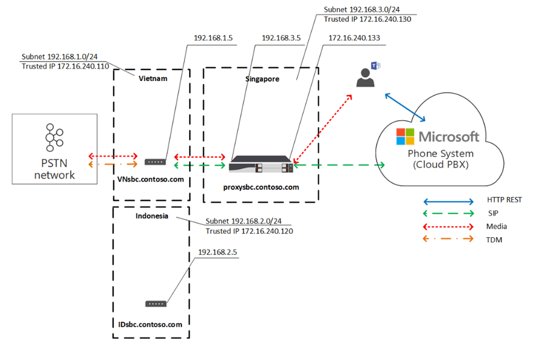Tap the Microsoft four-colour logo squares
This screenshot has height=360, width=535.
point(406,136)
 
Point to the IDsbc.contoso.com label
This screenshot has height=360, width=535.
point(150,324)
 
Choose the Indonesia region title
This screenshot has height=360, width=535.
point(152,216)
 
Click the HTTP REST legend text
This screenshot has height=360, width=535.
point(504,200)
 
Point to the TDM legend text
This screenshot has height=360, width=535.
point(494,240)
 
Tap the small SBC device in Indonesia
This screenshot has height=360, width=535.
point(156,304)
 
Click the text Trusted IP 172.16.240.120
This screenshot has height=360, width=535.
point(249,231)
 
